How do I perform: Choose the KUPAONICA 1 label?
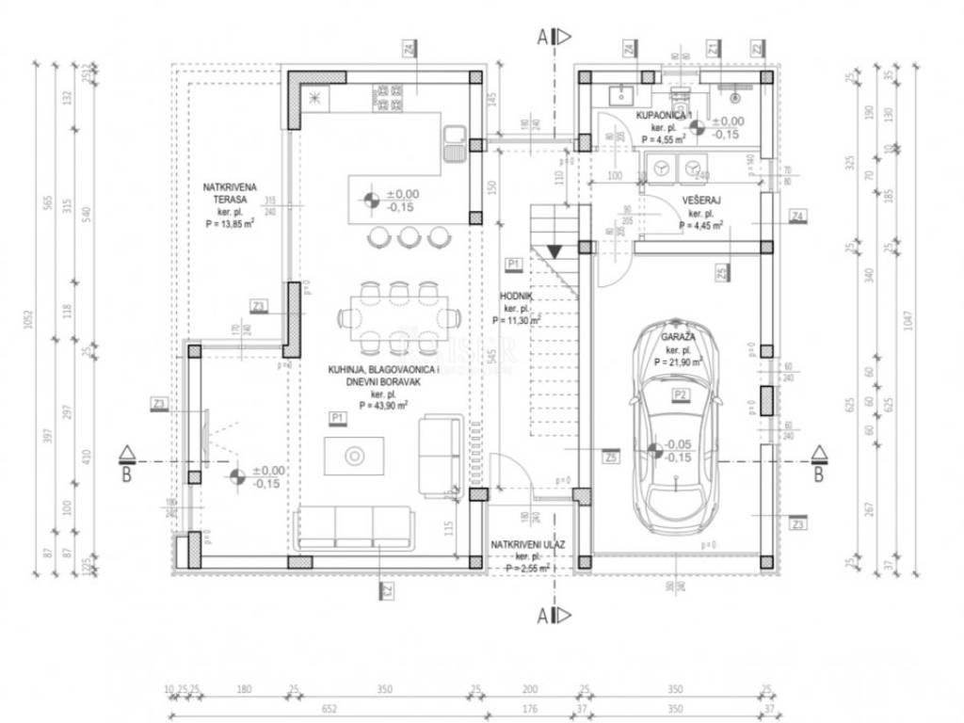point(664,115)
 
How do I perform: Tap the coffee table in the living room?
point(354,456)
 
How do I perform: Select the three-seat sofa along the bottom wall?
point(354,527)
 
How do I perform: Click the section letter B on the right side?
point(818,475)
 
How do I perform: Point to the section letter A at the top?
point(543,38)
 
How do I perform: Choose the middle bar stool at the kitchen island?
point(408,236)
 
